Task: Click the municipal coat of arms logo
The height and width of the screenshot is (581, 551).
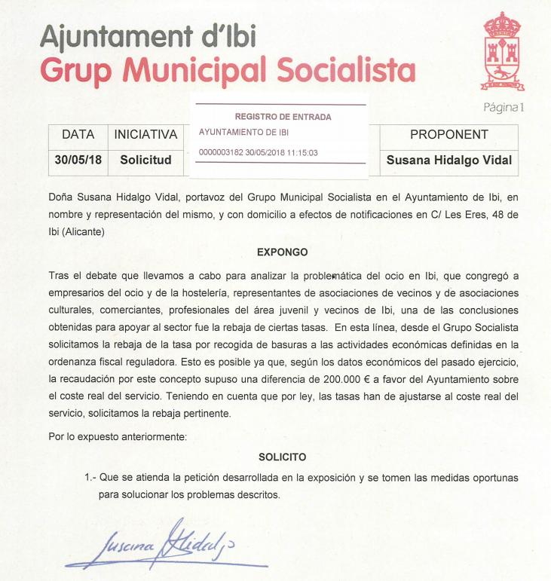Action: pos(501,50)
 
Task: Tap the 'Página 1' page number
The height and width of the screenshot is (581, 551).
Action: pos(503,107)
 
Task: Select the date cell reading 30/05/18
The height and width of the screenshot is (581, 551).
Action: pos(78,160)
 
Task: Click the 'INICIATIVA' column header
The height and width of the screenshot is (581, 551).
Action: pos(145,135)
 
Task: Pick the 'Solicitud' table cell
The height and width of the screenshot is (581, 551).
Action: pos(145,160)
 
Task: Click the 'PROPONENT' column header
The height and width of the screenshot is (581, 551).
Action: pos(448,135)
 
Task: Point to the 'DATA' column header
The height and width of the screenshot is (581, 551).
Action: pos(78,135)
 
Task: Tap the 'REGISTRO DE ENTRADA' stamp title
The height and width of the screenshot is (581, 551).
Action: pos(283,117)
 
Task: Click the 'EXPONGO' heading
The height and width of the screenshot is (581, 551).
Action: pos(283,252)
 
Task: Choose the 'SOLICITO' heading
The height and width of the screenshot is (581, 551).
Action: pos(283,457)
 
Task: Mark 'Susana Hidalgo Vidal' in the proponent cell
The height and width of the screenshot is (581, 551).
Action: pos(448,160)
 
